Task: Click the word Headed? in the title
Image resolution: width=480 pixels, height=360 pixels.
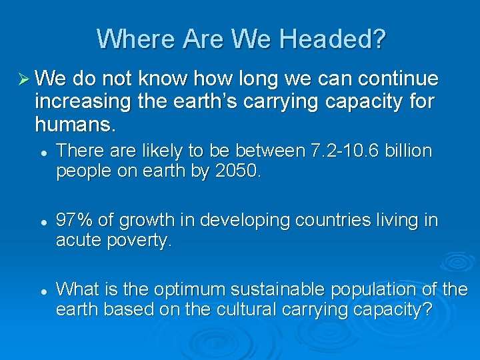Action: coord(333,39)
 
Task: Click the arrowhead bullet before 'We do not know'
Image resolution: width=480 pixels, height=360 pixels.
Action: coord(21,80)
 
